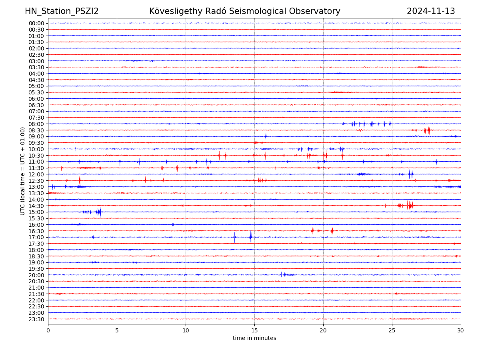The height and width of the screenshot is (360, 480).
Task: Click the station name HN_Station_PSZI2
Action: click(62, 12)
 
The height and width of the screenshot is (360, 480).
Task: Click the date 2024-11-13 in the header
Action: click(431, 12)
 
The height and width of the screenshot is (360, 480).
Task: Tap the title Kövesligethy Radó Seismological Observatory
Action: click(244, 12)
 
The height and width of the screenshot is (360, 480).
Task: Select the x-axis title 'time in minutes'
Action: click(254, 338)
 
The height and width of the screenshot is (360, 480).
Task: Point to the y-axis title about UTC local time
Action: click(23, 171)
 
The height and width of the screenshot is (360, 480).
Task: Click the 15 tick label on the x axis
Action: click(254, 331)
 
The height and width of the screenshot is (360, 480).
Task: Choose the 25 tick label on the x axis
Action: click(392, 331)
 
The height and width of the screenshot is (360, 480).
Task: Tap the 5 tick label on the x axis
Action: click(117, 331)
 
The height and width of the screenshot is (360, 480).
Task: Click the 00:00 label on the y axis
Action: click(36, 23)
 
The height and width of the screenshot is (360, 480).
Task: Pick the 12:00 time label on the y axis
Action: click(36, 174)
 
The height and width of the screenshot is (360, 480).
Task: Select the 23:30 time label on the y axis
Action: click(36, 319)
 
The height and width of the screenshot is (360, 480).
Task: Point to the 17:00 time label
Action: click(36, 237)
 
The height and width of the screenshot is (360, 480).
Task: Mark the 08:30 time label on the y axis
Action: click(36, 130)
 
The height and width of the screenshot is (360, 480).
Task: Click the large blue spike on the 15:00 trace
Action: click(99, 212)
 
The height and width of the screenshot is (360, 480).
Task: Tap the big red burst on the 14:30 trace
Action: click(409, 206)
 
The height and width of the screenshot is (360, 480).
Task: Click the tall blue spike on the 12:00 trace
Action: click(410, 174)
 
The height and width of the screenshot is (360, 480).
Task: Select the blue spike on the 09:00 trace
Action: click(265, 136)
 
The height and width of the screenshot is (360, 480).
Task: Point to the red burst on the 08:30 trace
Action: click(428, 130)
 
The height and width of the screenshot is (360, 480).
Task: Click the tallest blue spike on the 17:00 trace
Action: click(251, 237)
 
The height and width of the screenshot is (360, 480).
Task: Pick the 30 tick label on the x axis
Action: click(461, 331)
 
